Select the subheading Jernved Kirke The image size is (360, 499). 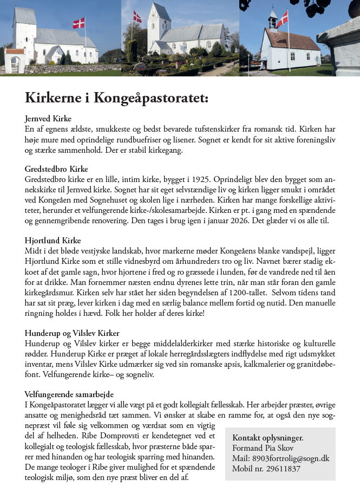[48, 119]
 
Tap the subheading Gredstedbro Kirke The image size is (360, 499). [56, 169]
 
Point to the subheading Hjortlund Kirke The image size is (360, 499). [52, 240]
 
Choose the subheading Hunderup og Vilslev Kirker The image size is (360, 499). [72, 333]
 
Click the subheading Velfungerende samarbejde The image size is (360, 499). [69, 394]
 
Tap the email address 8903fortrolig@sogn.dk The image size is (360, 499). [291, 459]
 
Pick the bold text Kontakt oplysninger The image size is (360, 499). [268, 438]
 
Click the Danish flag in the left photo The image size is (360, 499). [79, 23]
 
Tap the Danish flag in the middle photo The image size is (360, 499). [137, 17]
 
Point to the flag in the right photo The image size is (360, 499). [282, 19]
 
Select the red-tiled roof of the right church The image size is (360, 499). [293, 40]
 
